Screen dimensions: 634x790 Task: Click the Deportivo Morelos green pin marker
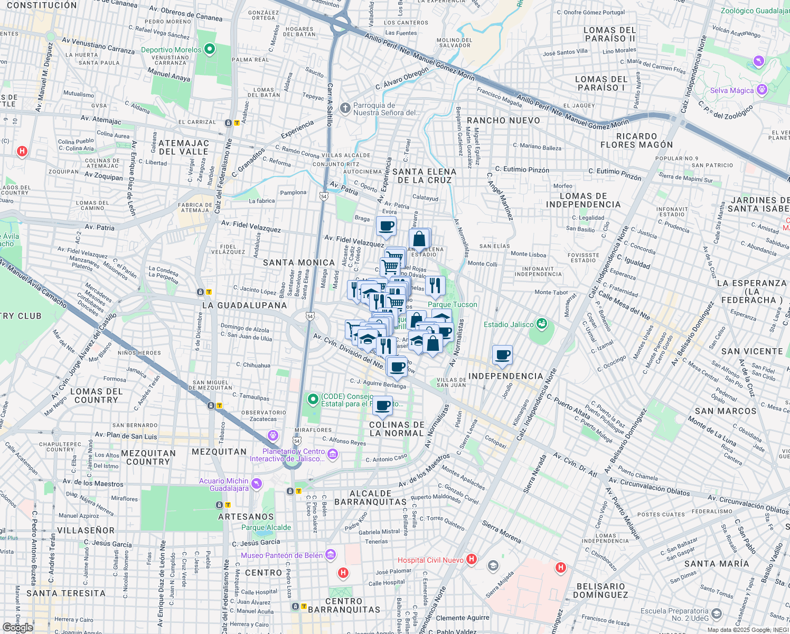pos(210,50)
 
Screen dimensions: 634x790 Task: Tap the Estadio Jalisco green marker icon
pos(541,323)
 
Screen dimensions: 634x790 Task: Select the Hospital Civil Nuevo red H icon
pos(472,559)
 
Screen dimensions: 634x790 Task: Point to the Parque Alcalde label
pos(266,527)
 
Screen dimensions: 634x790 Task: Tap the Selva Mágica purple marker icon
pos(761,90)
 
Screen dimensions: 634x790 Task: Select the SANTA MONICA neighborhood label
pos(299,263)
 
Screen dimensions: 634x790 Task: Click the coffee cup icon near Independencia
pos(503,355)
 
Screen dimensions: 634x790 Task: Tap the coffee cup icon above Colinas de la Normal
pos(383,406)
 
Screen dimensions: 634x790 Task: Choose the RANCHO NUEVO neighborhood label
pos(503,120)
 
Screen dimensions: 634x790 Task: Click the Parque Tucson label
pos(452,304)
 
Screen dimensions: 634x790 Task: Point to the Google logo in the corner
pos(17,627)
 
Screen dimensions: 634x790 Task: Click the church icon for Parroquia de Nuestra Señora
pos(345,108)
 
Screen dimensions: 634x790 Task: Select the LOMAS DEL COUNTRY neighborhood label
pos(96,396)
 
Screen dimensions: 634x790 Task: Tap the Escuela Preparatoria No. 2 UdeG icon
pos(717,614)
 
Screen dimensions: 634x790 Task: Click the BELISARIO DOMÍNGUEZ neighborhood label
pos(601,591)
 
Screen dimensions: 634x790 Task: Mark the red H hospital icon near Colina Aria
pos(22,152)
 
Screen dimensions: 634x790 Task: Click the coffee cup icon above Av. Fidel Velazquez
pos(387,226)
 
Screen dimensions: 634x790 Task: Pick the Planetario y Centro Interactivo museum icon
pos(332,454)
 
